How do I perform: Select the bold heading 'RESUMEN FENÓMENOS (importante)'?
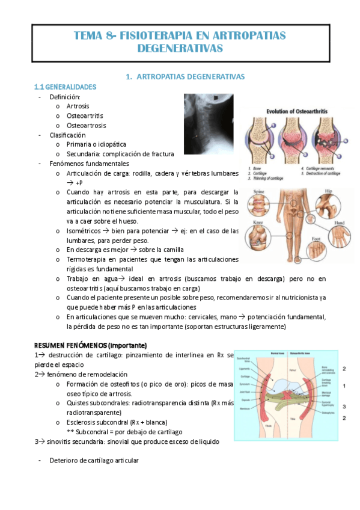[90, 346]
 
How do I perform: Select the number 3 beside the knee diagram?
[344, 407]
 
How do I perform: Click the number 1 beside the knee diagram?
[344, 386]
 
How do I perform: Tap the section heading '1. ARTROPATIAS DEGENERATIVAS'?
[183, 77]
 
